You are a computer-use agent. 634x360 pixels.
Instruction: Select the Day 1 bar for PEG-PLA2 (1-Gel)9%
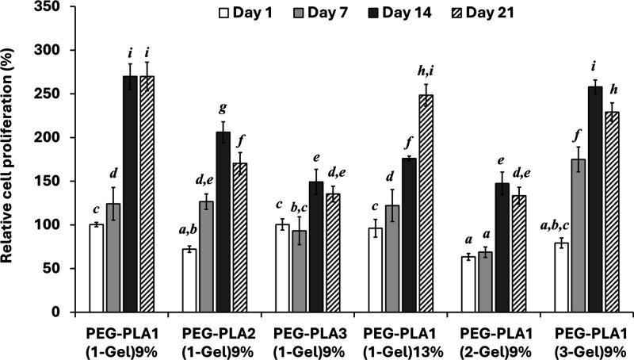pos(189,281)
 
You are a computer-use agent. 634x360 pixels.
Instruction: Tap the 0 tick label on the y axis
pos(70,312)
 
